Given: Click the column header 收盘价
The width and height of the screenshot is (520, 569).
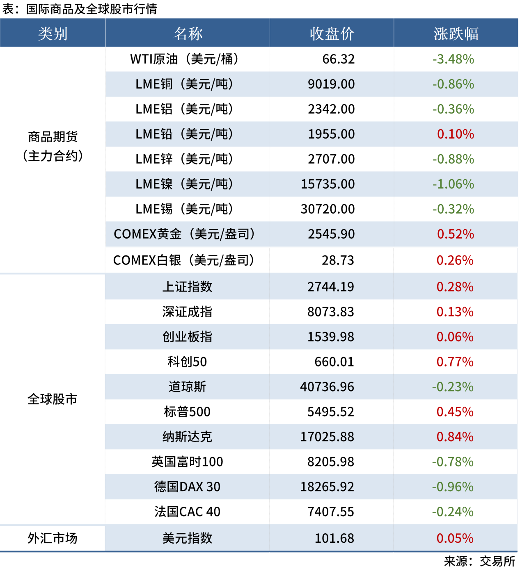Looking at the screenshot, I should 332,34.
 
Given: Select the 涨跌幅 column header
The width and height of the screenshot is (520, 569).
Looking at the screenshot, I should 456,34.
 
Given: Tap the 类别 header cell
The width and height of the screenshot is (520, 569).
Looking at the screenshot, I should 53,34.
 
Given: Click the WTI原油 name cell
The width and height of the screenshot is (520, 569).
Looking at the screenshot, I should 185,59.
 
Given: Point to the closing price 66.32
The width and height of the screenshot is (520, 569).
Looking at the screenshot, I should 338,59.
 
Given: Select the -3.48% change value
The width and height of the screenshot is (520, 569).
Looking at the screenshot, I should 453,59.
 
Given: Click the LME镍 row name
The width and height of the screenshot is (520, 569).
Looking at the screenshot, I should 185,184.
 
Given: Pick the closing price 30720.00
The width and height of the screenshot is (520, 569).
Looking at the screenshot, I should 328,209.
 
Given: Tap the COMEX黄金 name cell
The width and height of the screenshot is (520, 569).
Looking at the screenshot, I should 185,234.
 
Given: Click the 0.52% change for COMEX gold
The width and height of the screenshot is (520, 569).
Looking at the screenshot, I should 455,234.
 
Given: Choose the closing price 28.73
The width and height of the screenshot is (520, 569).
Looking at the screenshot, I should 337,260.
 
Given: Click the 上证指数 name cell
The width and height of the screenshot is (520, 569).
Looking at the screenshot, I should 187,287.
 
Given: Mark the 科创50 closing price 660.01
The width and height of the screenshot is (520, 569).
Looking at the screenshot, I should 334,362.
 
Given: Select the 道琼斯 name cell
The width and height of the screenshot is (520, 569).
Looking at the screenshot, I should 187,387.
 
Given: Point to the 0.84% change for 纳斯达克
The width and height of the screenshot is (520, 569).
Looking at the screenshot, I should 455,437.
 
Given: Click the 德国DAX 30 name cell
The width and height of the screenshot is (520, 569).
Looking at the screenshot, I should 187,487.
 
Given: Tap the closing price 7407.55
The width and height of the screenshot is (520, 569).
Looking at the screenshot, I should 330,512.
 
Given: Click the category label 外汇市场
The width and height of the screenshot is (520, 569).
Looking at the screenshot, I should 53,538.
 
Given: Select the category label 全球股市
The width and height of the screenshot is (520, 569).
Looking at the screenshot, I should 53,399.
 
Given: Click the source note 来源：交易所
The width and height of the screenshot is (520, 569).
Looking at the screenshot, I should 479,561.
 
